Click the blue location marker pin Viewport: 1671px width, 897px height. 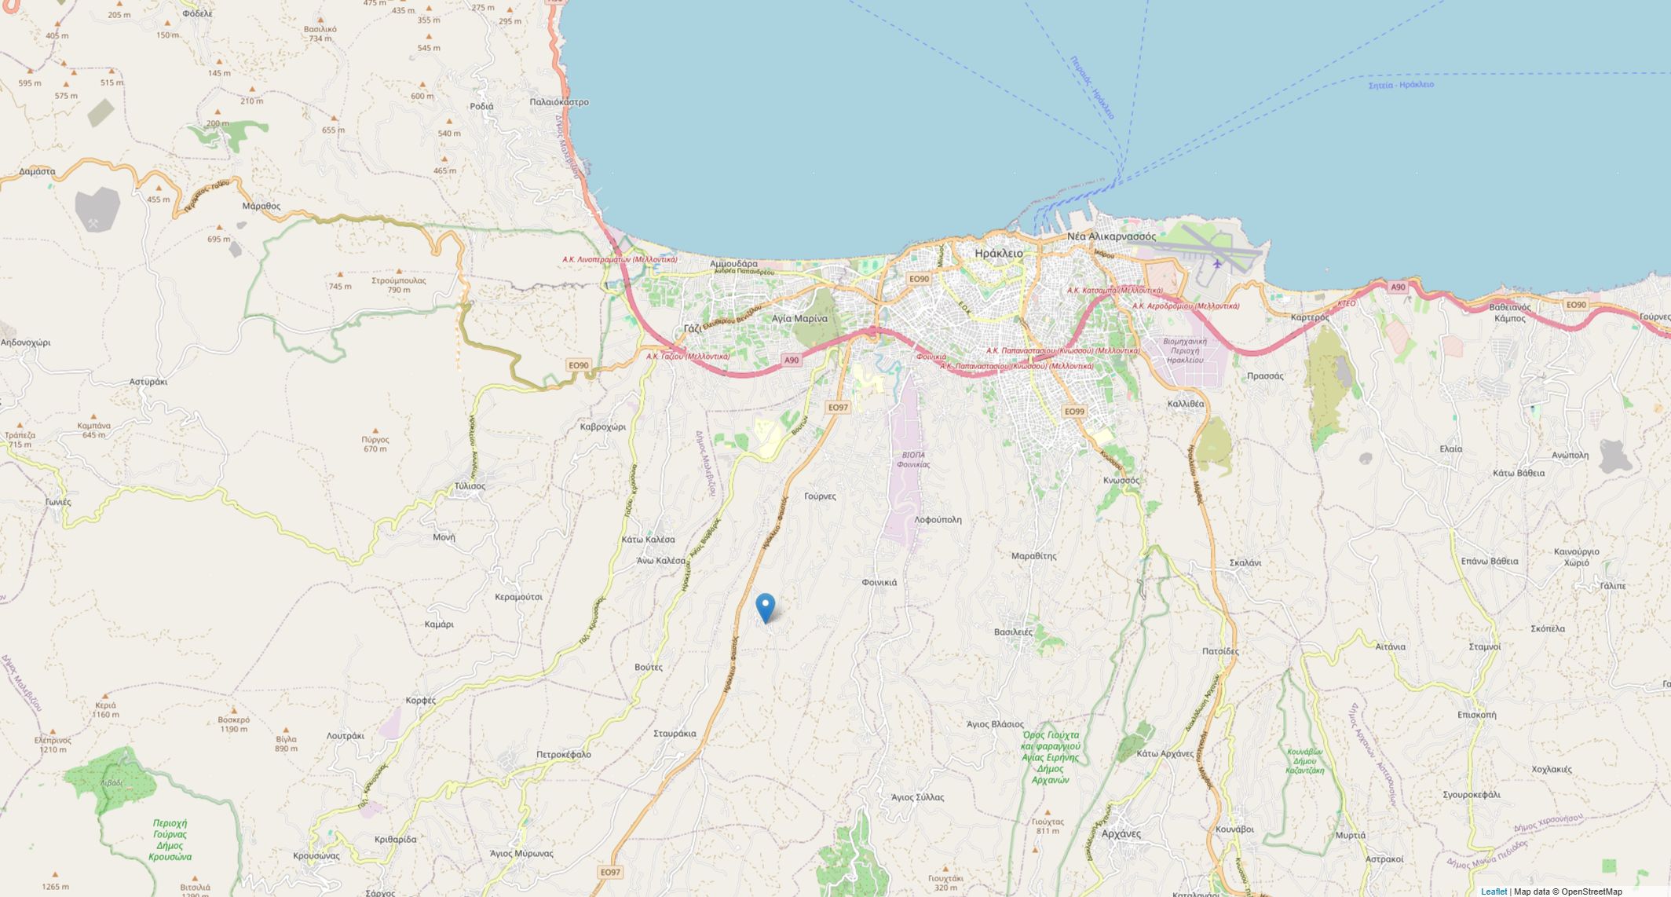[x=765, y=607]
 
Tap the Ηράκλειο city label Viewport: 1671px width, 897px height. [x=998, y=254]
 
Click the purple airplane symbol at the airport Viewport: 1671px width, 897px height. [x=1217, y=263]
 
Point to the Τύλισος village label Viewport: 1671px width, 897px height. [x=470, y=486]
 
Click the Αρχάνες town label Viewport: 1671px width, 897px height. [x=1121, y=833]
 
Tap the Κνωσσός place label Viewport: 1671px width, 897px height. [x=1121, y=480]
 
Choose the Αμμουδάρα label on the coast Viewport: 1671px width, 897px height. [x=733, y=264]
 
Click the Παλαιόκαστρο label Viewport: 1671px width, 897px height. [x=558, y=102]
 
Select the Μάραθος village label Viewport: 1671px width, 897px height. [x=261, y=207]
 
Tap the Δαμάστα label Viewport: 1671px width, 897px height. [x=37, y=171]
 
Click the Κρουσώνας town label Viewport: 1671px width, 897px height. [x=316, y=856]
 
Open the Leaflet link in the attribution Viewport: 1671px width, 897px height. [x=1493, y=892]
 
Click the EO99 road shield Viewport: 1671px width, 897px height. [x=1073, y=412]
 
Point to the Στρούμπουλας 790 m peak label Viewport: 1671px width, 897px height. [x=398, y=284]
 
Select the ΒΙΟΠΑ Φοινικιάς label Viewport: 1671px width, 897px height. [x=912, y=459]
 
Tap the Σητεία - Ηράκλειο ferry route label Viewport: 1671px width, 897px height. [x=1400, y=85]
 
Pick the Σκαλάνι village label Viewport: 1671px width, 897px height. [x=1245, y=563]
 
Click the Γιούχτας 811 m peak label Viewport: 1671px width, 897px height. [x=1048, y=826]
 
